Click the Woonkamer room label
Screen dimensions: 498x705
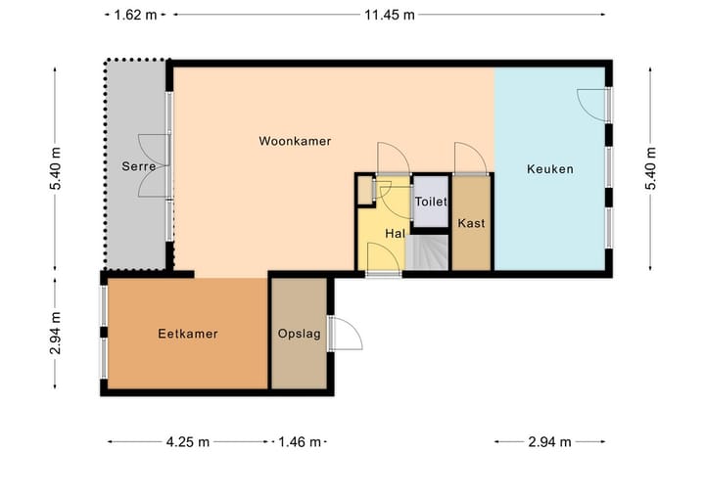click(295, 141)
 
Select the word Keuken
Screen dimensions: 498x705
click(549, 169)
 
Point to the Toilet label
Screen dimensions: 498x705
click(431, 202)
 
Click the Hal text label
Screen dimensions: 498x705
click(395, 234)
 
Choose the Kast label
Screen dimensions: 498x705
click(471, 223)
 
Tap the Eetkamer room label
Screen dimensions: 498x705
click(187, 334)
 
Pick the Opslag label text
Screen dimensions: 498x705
click(298, 334)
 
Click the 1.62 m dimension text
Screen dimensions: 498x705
click(134, 15)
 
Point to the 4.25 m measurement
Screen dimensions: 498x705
click(187, 441)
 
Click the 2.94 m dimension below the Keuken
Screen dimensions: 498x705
click(549, 441)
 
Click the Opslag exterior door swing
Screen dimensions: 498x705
click(346, 334)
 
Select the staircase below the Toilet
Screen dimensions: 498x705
click(430, 252)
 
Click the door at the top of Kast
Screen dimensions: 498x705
click(468, 158)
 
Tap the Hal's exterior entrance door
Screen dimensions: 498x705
click(383, 257)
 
